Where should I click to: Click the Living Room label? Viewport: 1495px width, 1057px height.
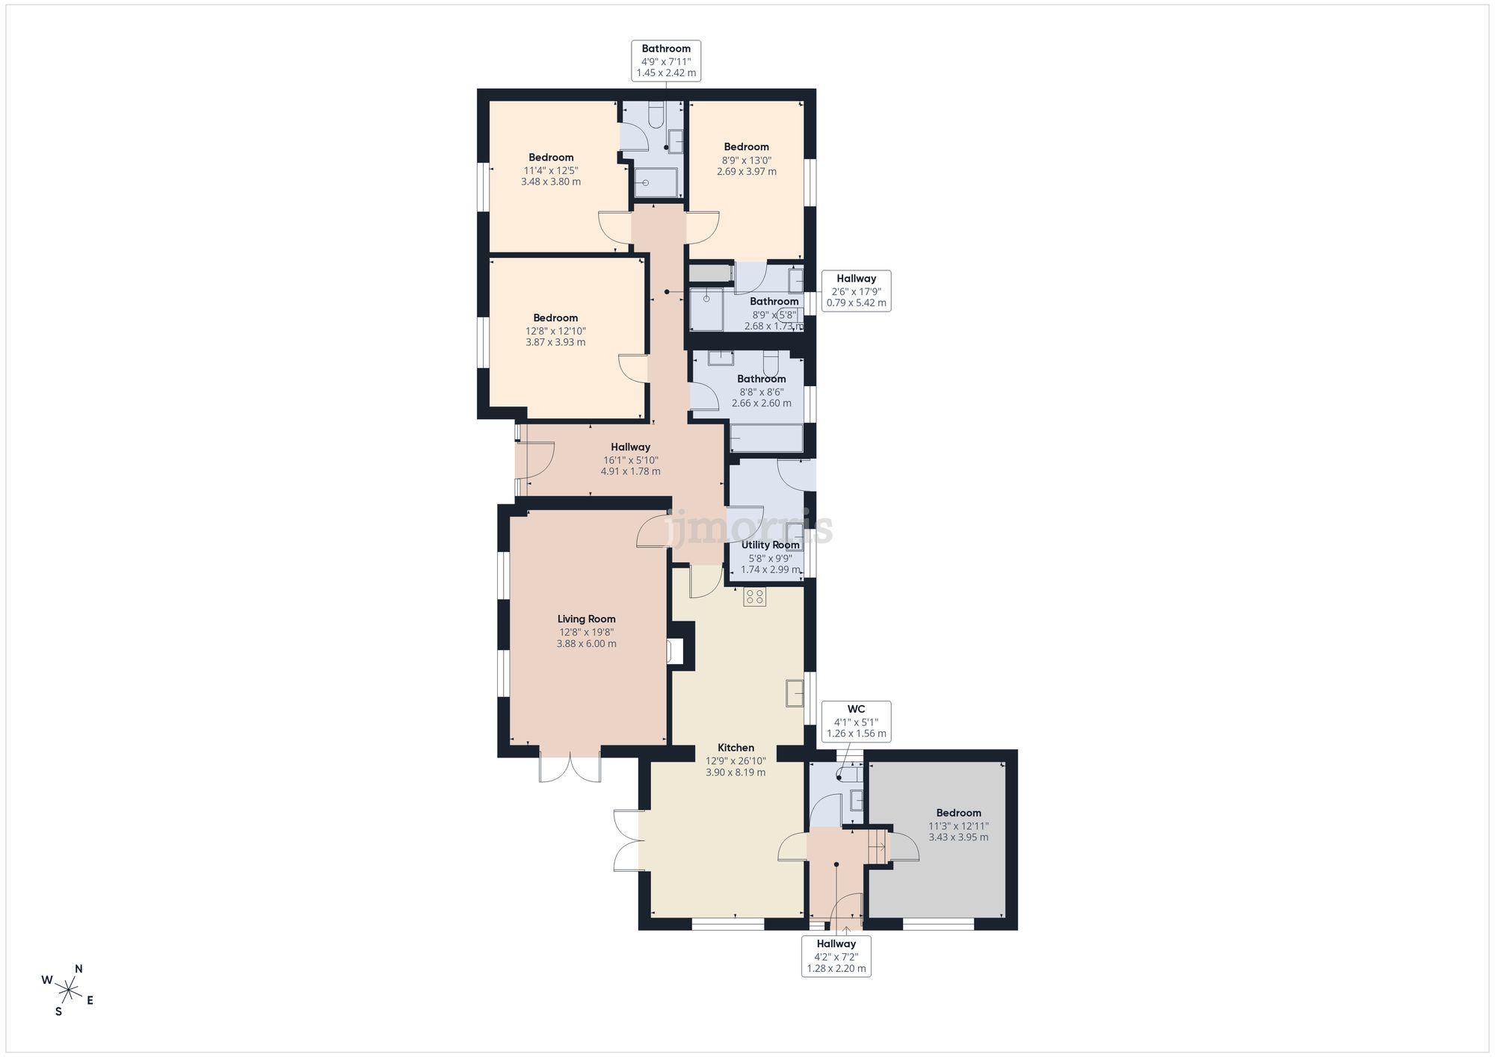coord(586,619)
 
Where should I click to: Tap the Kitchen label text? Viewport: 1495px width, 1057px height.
coord(736,748)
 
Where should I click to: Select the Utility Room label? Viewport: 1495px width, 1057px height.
coord(770,545)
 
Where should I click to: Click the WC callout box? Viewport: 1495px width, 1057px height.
coord(856,722)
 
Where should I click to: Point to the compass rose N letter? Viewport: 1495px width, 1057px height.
coord(78,969)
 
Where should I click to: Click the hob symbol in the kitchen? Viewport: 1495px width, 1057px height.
coord(754,596)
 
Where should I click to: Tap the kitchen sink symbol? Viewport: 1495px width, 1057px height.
coord(795,693)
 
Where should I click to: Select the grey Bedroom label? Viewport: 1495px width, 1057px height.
coord(958,813)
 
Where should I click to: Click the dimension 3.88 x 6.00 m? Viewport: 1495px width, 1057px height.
coord(586,644)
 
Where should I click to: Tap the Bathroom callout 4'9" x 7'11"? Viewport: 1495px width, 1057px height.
coord(666,61)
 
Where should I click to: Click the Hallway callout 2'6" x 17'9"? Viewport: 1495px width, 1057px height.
coord(856,291)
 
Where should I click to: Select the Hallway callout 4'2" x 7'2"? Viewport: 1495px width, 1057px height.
coord(836,956)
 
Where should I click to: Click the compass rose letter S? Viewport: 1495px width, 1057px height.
coord(58,1011)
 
